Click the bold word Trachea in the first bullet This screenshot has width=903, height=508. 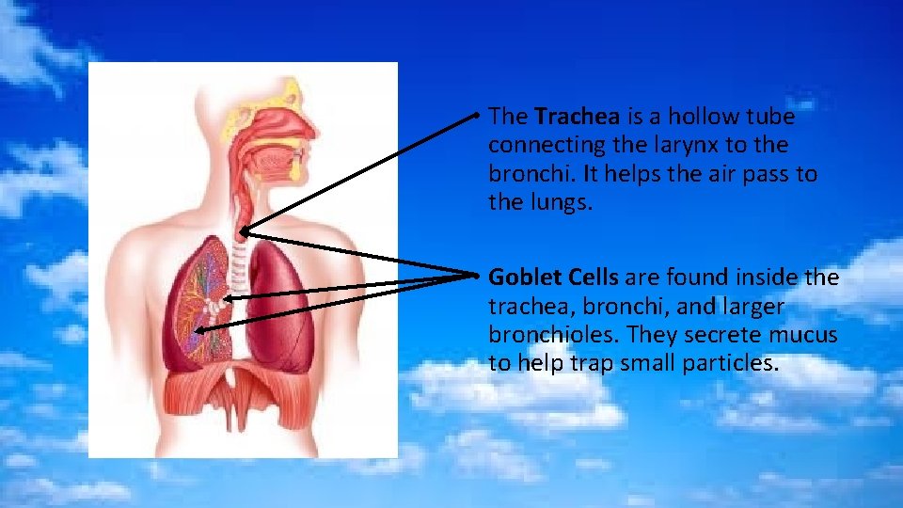pyautogui.click(x=577, y=117)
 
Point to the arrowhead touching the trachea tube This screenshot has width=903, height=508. pyautogui.click(x=243, y=230)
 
